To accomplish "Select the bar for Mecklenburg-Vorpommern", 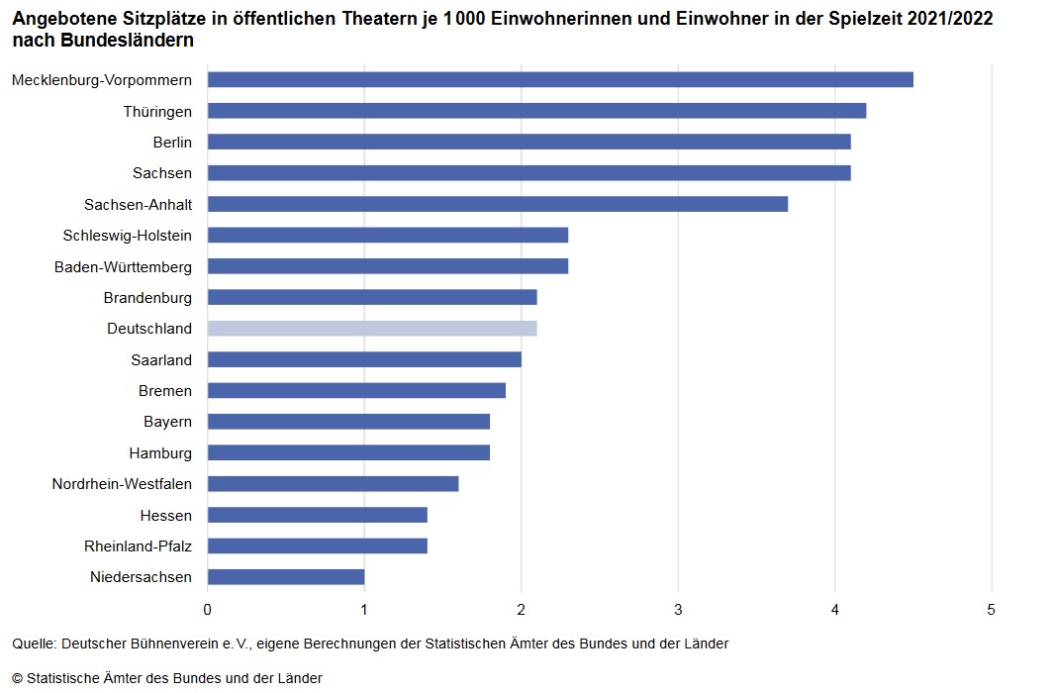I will click(560, 79).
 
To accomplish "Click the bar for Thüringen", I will click(536, 111).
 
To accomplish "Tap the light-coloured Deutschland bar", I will click(372, 328).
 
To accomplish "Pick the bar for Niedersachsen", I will click(286, 576).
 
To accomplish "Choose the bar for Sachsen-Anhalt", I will click(498, 204).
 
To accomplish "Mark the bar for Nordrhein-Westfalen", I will click(333, 483).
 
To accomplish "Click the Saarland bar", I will click(364, 359).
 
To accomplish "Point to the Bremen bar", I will click(356, 390).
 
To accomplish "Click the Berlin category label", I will click(172, 142).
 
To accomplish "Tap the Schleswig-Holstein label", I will click(128, 235).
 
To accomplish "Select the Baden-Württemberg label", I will click(124, 266).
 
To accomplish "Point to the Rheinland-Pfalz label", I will click(139, 545).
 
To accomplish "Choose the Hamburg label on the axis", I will click(160, 452).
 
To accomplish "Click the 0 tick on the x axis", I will click(208, 608).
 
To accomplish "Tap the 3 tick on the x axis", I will click(678, 608).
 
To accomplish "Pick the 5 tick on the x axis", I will click(992, 608).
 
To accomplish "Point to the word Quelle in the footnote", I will click(34, 643).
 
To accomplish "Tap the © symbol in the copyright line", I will click(18, 678).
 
